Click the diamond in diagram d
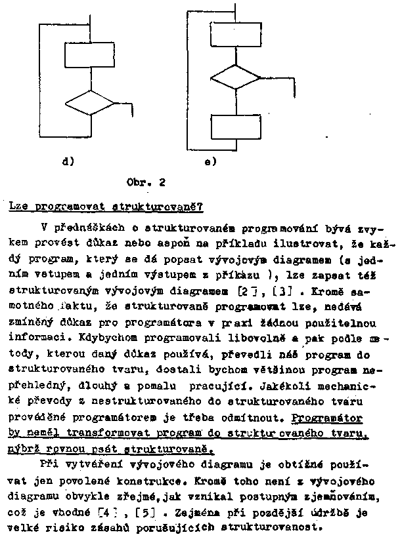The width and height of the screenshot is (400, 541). pyautogui.click(x=90, y=103)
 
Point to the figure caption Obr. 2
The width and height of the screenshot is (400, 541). pyautogui.click(x=145, y=183)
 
